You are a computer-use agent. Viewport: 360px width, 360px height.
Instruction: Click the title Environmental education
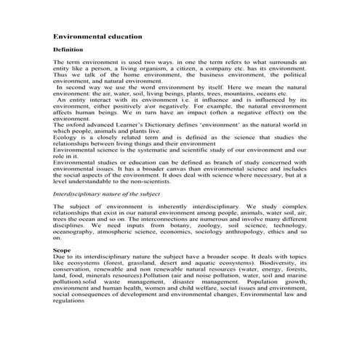click(97, 35)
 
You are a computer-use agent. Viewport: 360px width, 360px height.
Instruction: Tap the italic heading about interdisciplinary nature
click(105, 196)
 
